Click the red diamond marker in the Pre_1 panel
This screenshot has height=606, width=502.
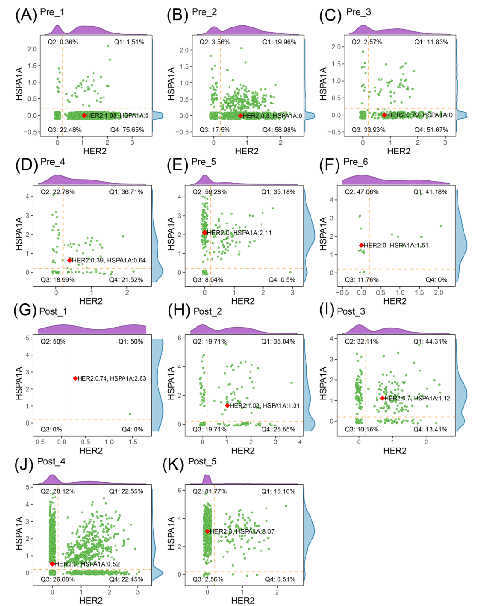84,115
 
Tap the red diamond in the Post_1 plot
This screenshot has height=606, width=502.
76,378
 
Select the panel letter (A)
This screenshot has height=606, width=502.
26,15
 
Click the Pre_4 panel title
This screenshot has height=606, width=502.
53,162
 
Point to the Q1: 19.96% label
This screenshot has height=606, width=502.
279,42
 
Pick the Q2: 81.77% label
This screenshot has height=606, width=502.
210,491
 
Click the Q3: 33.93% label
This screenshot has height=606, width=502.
368,130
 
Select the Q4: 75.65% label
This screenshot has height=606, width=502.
127,130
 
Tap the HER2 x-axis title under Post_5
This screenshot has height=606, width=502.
243,600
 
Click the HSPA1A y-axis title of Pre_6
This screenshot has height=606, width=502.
323,234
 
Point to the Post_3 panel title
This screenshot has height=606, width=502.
351,311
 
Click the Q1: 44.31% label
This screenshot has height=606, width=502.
430,342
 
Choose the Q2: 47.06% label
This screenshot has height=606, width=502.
362,192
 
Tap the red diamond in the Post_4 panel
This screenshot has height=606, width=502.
52,564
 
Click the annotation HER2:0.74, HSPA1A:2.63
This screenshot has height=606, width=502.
112,378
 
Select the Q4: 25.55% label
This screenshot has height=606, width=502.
278,429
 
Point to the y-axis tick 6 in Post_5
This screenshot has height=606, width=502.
180,490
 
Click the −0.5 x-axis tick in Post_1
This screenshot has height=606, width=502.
38,442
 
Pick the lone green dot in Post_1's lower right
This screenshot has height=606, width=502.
130,414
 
